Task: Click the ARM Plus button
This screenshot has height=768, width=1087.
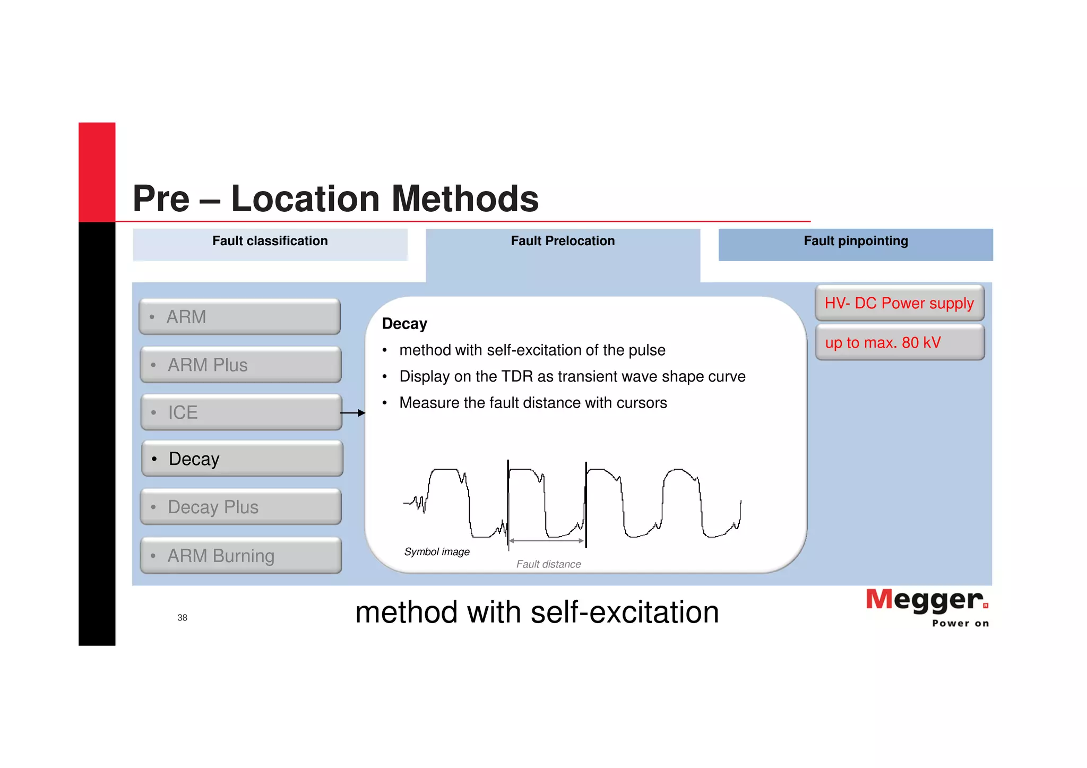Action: (240, 365)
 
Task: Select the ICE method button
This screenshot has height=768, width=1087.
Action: (241, 412)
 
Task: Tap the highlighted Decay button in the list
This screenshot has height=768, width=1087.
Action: (242, 459)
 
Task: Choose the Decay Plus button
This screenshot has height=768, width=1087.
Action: (240, 507)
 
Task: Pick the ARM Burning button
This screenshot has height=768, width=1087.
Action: (240, 556)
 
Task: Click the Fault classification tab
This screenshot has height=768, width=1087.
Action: (270, 241)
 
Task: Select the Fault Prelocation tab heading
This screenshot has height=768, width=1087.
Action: (563, 241)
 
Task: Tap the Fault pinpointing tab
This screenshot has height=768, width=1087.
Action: (855, 241)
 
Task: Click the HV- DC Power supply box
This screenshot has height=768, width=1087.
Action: (899, 303)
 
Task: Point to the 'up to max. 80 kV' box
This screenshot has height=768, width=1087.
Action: (899, 342)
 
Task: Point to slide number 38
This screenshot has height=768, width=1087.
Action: (182, 617)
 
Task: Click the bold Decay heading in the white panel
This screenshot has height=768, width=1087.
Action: (404, 324)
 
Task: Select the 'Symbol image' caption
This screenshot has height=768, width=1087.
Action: (437, 552)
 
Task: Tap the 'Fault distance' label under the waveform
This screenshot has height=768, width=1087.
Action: (548, 564)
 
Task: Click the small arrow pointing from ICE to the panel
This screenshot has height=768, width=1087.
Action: (352, 413)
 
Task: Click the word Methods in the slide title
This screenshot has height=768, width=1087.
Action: (465, 199)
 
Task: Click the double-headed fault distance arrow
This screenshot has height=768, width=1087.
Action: (546, 541)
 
